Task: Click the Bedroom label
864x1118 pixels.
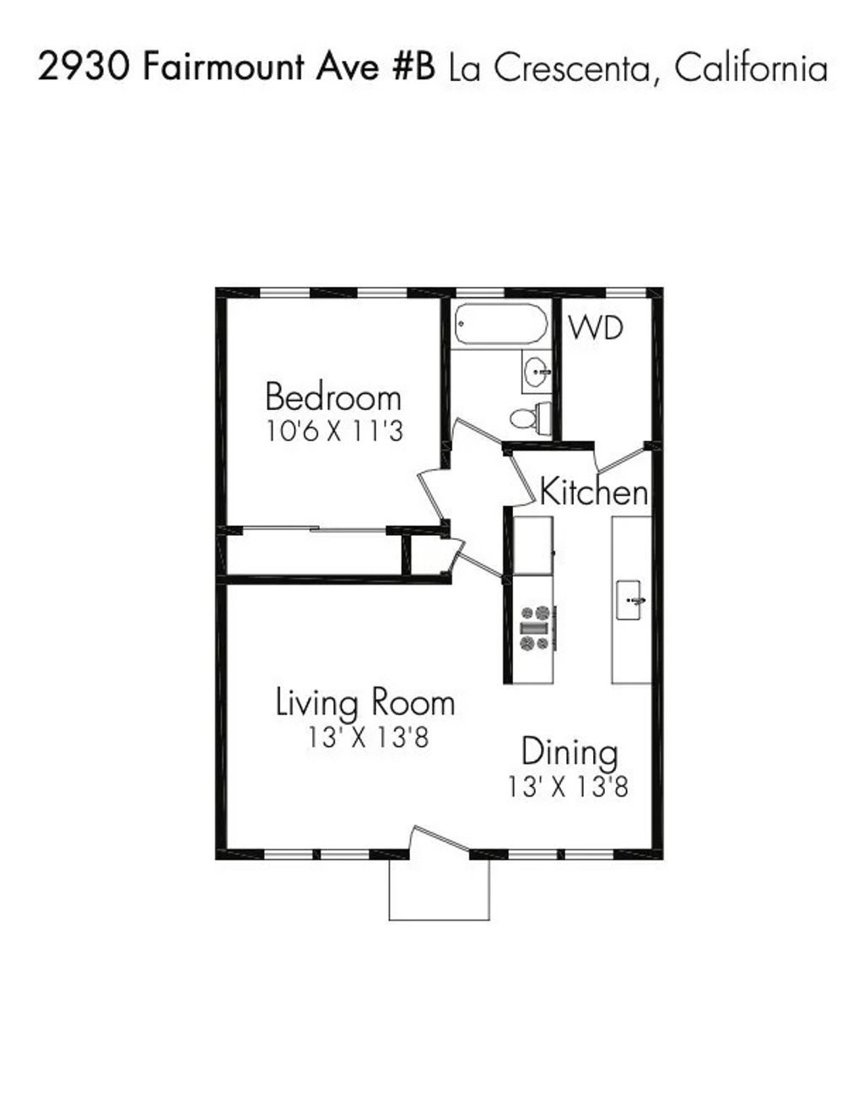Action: point(332,397)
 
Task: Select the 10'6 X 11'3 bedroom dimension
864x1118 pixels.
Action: point(334,431)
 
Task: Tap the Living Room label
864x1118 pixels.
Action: point(365,702)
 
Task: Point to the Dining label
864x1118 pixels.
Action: point(569,751)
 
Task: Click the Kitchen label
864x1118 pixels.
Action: point(593,492)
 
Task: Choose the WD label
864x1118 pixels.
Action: point(596,327)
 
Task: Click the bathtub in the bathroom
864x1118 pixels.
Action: point(499,324)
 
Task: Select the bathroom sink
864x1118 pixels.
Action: point(536,371)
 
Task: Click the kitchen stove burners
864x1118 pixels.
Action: point(535,628)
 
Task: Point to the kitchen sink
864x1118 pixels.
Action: point(629,600)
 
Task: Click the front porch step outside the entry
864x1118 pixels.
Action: point(439,889)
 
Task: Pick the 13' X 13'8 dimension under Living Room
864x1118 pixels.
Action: point(368,737)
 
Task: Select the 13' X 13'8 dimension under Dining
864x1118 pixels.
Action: point(568,787)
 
